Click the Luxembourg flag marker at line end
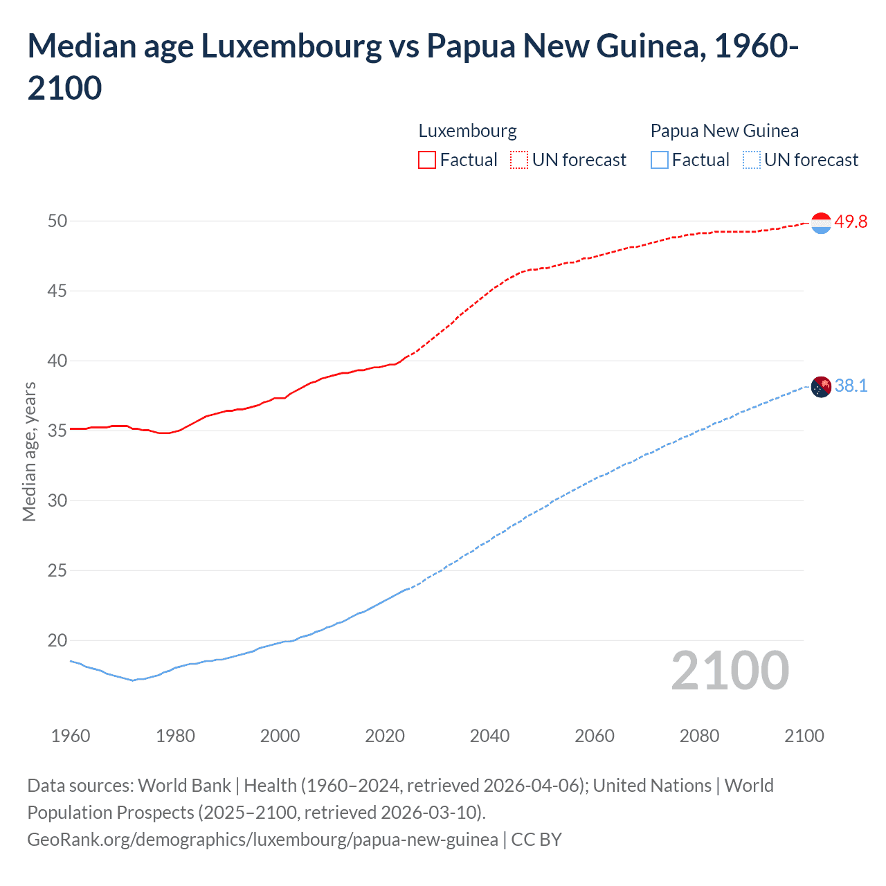point(820,223)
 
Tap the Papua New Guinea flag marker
point(820,386)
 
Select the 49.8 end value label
point(851,221)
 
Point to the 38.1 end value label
point(851,386)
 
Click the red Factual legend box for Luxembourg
point(427,160)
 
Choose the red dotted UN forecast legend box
point(519,160)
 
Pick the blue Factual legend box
point(660,160)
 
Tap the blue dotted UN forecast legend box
point(751,160)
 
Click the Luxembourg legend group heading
point(467,131)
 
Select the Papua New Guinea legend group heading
point(724,131)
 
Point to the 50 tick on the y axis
point(57,221)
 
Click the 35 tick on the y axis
point(57,431)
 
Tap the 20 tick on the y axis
point(57,640)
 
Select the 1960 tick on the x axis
point(71,735)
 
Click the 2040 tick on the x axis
point(489,735)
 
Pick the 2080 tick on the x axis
point(699,735)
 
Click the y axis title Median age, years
point(29,451)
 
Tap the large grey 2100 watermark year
point(730,670)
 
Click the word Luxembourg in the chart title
point(291,46)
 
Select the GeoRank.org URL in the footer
point(262,839)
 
